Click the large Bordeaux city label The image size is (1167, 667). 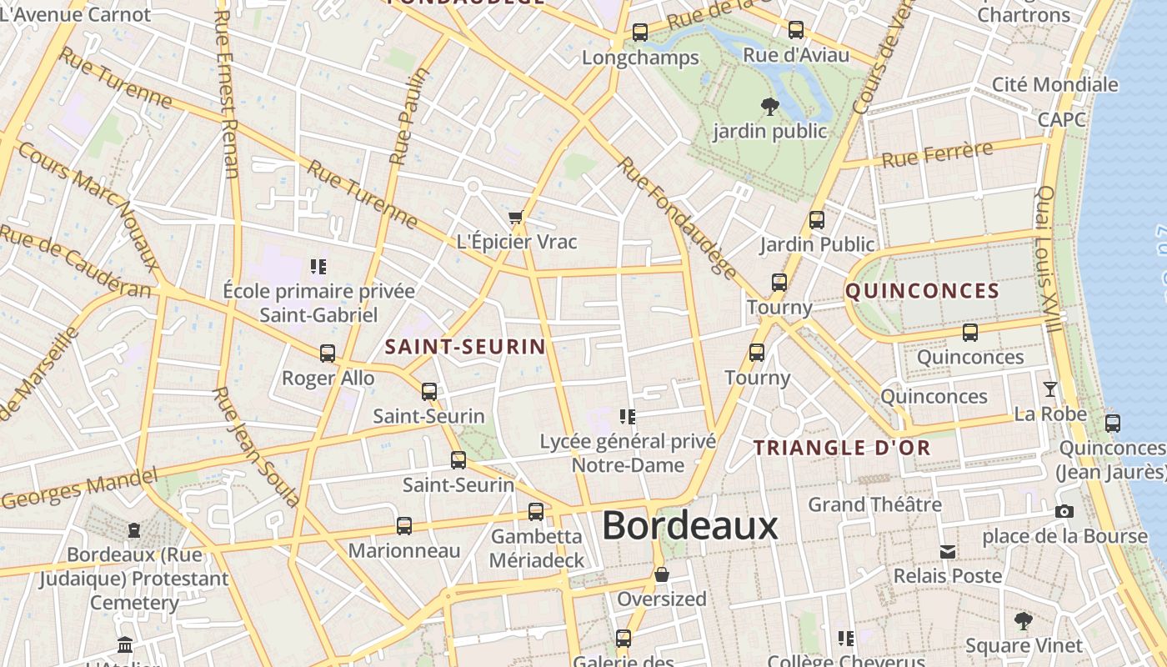point(690,526)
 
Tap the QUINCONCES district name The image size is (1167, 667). point(922,291)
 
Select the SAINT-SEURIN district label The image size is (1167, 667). point(465,347)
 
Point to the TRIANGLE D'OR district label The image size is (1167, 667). point(842,447)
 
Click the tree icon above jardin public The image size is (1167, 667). point(769,106)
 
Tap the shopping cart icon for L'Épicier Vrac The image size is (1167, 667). point(516,218)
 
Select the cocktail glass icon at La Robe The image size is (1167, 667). point(1049,389)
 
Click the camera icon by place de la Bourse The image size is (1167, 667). point(1064,511)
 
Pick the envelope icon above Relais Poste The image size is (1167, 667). point(948,551)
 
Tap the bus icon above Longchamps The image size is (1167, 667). point(639,33)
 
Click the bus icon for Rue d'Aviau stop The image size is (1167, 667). point(795,30)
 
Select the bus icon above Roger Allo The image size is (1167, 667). point(328,353)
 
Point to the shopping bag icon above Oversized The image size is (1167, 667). point(661,574)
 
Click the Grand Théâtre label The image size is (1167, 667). point(874,504)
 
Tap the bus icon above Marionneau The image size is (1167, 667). point(404,525)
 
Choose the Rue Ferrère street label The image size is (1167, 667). point(937,154)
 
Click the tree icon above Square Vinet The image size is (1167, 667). point(1023,621)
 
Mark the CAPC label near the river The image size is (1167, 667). point(1061,119)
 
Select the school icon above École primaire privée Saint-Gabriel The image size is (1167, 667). point(318,267)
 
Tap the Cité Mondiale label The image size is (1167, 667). point(1054,84)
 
